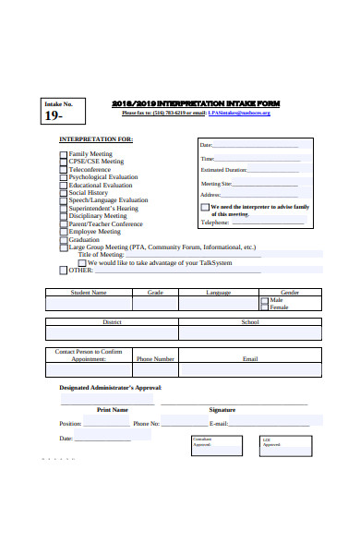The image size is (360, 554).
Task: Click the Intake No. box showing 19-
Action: (x=62, y=111)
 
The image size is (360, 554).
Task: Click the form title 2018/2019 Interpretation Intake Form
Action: (x=195, y=103)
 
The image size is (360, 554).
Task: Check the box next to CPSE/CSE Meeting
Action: (x=64, y=162)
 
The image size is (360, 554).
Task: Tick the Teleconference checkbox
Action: (x=64, y=169)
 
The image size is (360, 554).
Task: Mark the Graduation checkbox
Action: (x=64, y=240)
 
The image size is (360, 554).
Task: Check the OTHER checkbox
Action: (x=64, y=271)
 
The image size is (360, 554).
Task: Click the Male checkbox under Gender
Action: (x=266, y=300)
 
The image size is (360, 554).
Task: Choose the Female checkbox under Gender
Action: (x=266, y=307)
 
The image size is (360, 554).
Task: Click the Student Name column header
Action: (x=89, y=293)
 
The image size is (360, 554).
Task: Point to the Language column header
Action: (x=219, y=293)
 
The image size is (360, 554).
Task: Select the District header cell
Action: (x=112, y=322)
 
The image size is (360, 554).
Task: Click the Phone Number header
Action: (x=155, y=358)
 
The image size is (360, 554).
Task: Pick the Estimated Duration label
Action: (x=223, y=170)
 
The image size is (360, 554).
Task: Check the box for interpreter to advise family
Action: (x=205, y=208)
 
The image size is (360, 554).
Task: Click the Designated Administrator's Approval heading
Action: (x=110, y=388)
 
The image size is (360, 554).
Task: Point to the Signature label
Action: (x=222, y=409)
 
